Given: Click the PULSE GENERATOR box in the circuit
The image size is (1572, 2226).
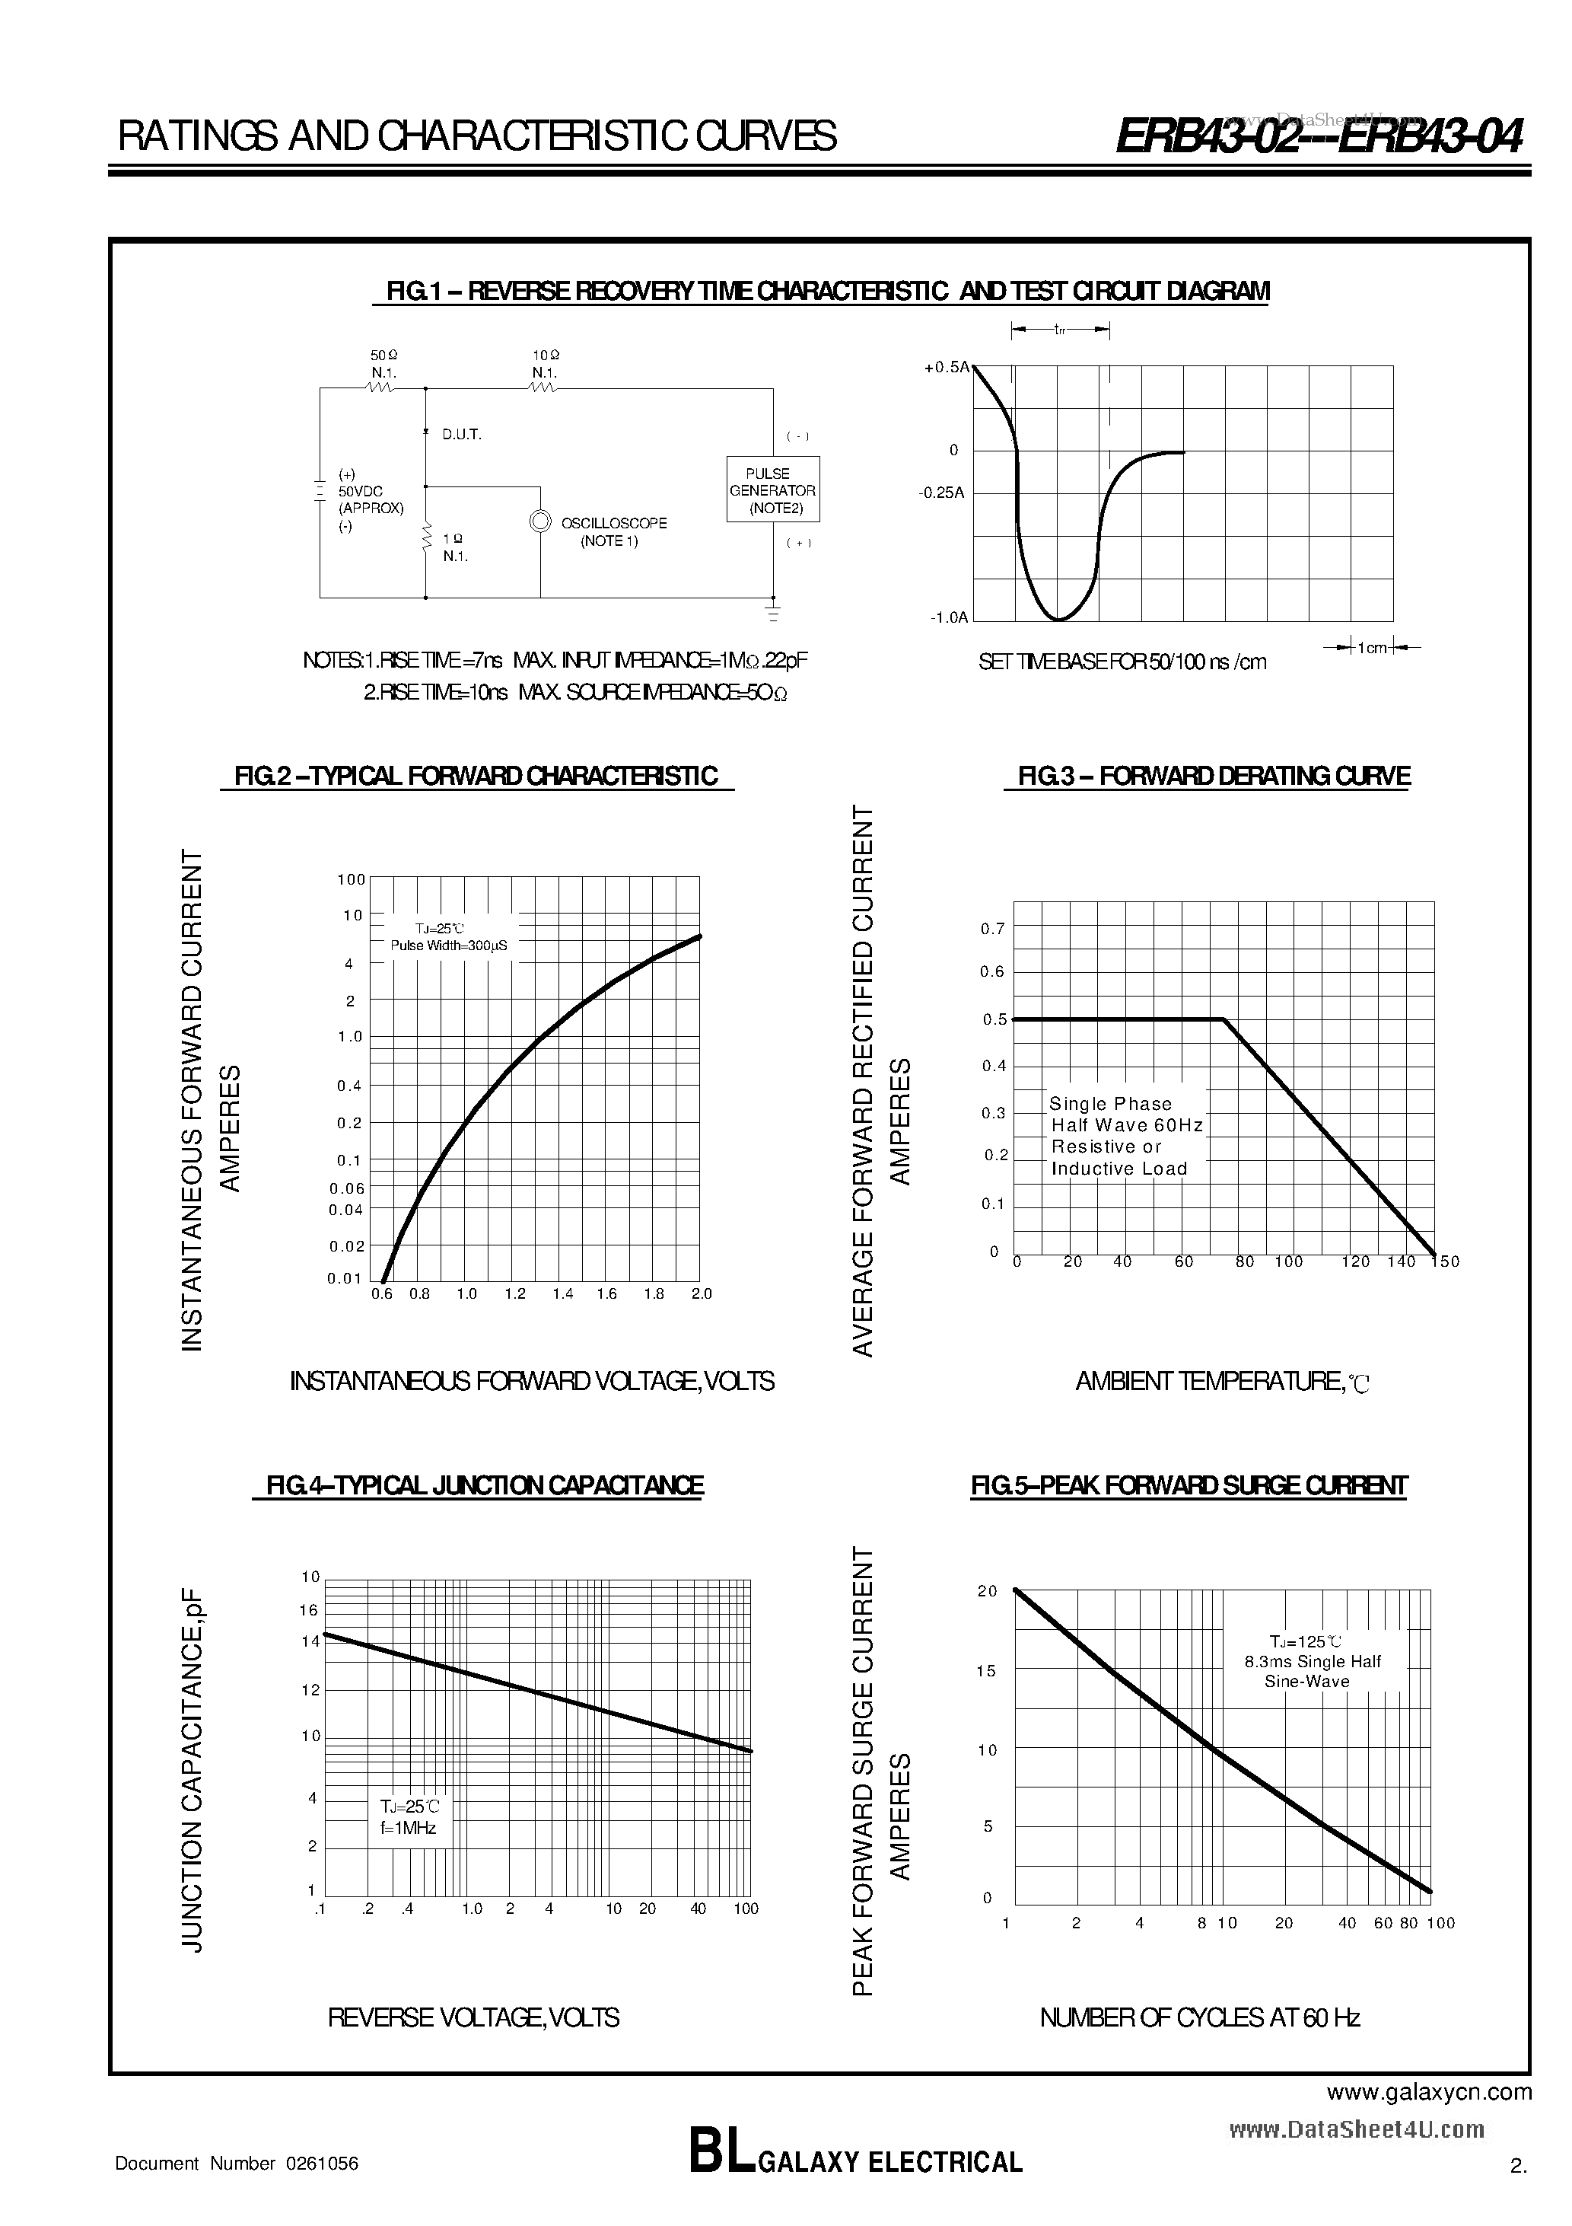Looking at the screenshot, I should click(772, 490).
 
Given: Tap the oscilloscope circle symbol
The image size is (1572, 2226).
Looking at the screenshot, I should click(539, 521).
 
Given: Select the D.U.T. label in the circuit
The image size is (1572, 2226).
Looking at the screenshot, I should click(461, 435).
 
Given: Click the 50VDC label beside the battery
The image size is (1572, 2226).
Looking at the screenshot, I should click(361, 492).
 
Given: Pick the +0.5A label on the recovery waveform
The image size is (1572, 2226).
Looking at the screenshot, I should click(947, 368).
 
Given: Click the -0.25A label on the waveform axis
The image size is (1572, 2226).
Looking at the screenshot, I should click(941, 493).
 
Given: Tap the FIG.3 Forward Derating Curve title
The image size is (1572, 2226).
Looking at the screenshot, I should click(1214, 776).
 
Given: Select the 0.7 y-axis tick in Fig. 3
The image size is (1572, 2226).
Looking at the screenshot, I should click(992, 929).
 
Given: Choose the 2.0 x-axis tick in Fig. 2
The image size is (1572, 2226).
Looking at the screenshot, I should click(701, 1293).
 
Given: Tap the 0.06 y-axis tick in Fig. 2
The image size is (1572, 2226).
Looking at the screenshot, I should click(346, 1188).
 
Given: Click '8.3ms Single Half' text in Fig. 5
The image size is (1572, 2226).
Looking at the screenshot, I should click(1313, 1661).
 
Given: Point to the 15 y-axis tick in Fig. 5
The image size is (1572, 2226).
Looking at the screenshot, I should click(985, 1670).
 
